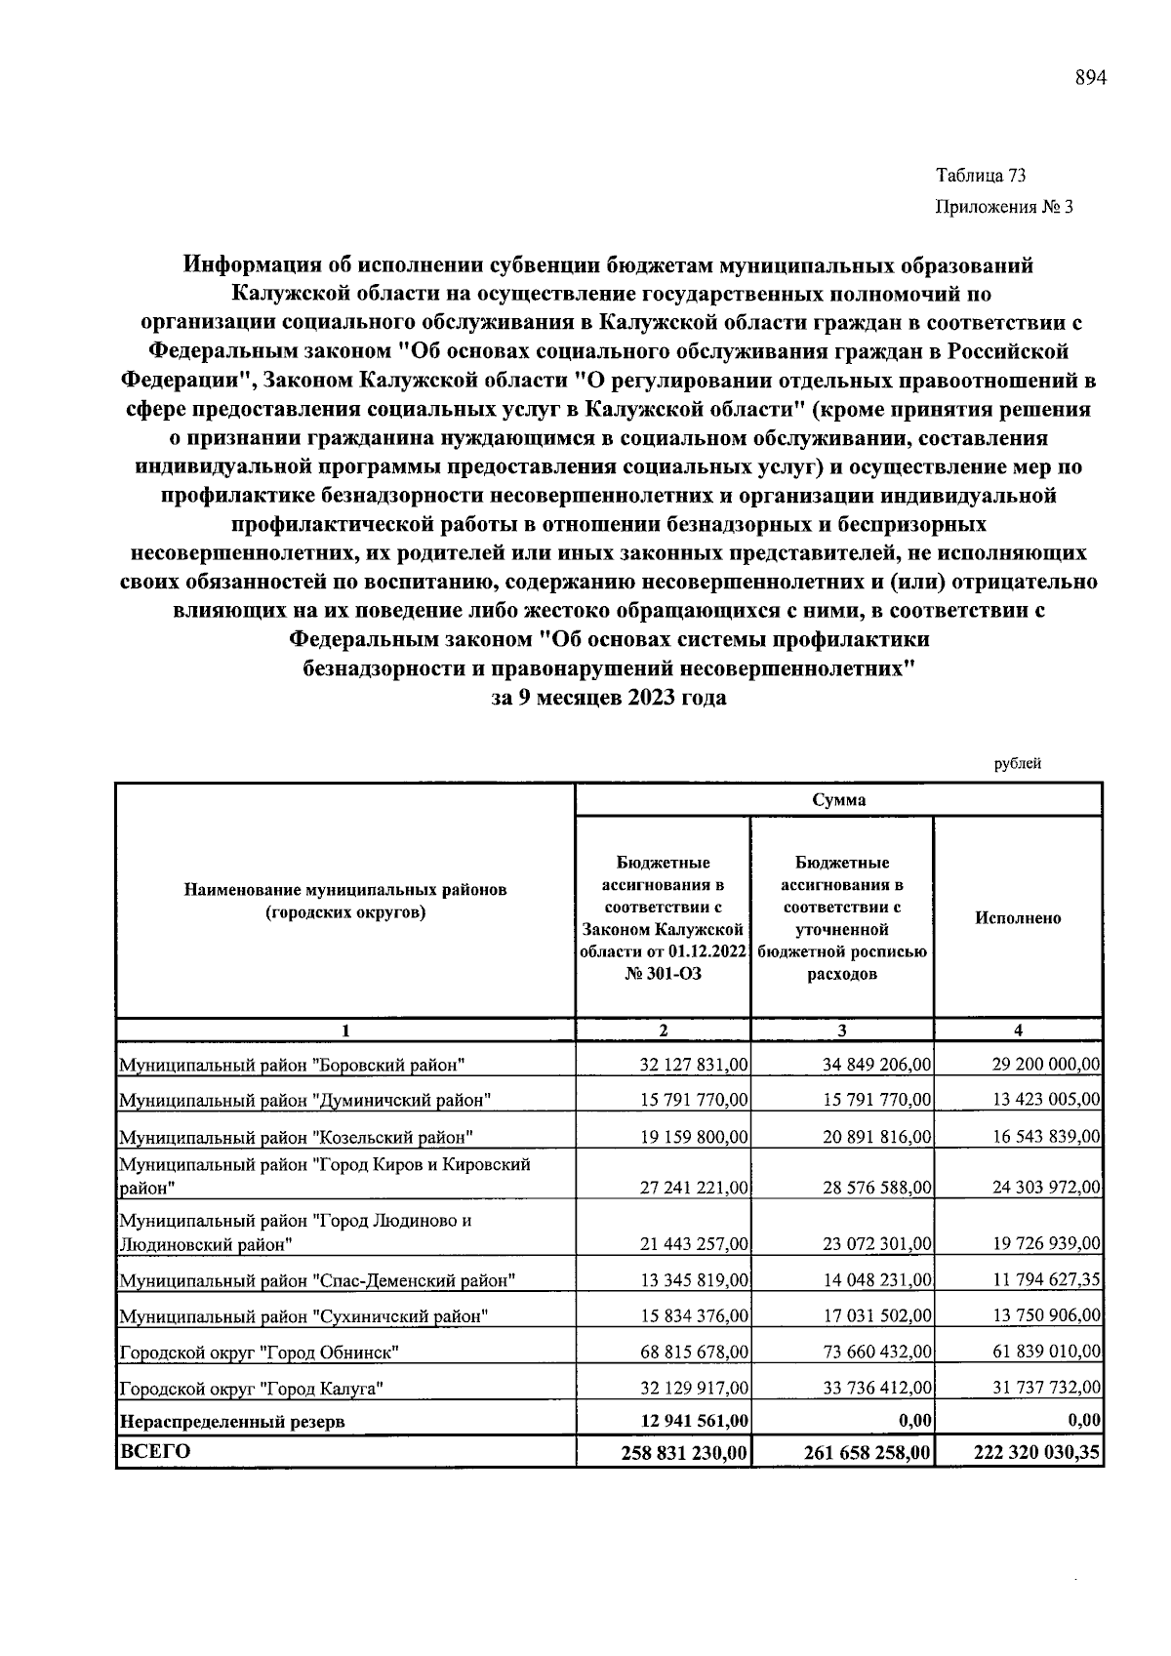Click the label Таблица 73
(x=981, y=177)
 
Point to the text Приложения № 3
(x=1004, y=207)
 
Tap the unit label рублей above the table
(x=1017, y=764)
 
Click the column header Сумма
(x=838, y=800)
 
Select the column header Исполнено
(x=1017, y=918)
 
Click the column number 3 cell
(x=841, y=1030)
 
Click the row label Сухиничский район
(x=303, y=1316)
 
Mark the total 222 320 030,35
(x=1037, y=1453)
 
